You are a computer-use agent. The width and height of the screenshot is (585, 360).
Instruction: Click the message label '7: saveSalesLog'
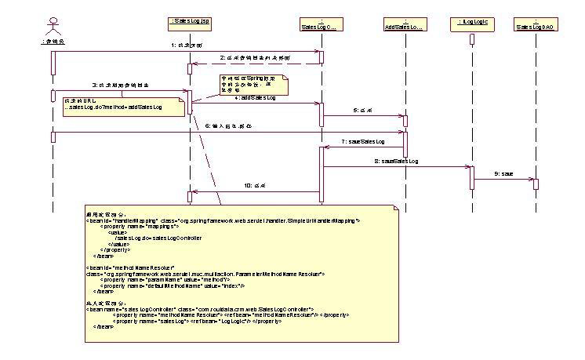click(364, 142)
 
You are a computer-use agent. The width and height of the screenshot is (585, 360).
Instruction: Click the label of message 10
click(256, 186)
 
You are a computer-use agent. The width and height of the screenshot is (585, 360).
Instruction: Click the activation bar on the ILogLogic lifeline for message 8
click(472, 176)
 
